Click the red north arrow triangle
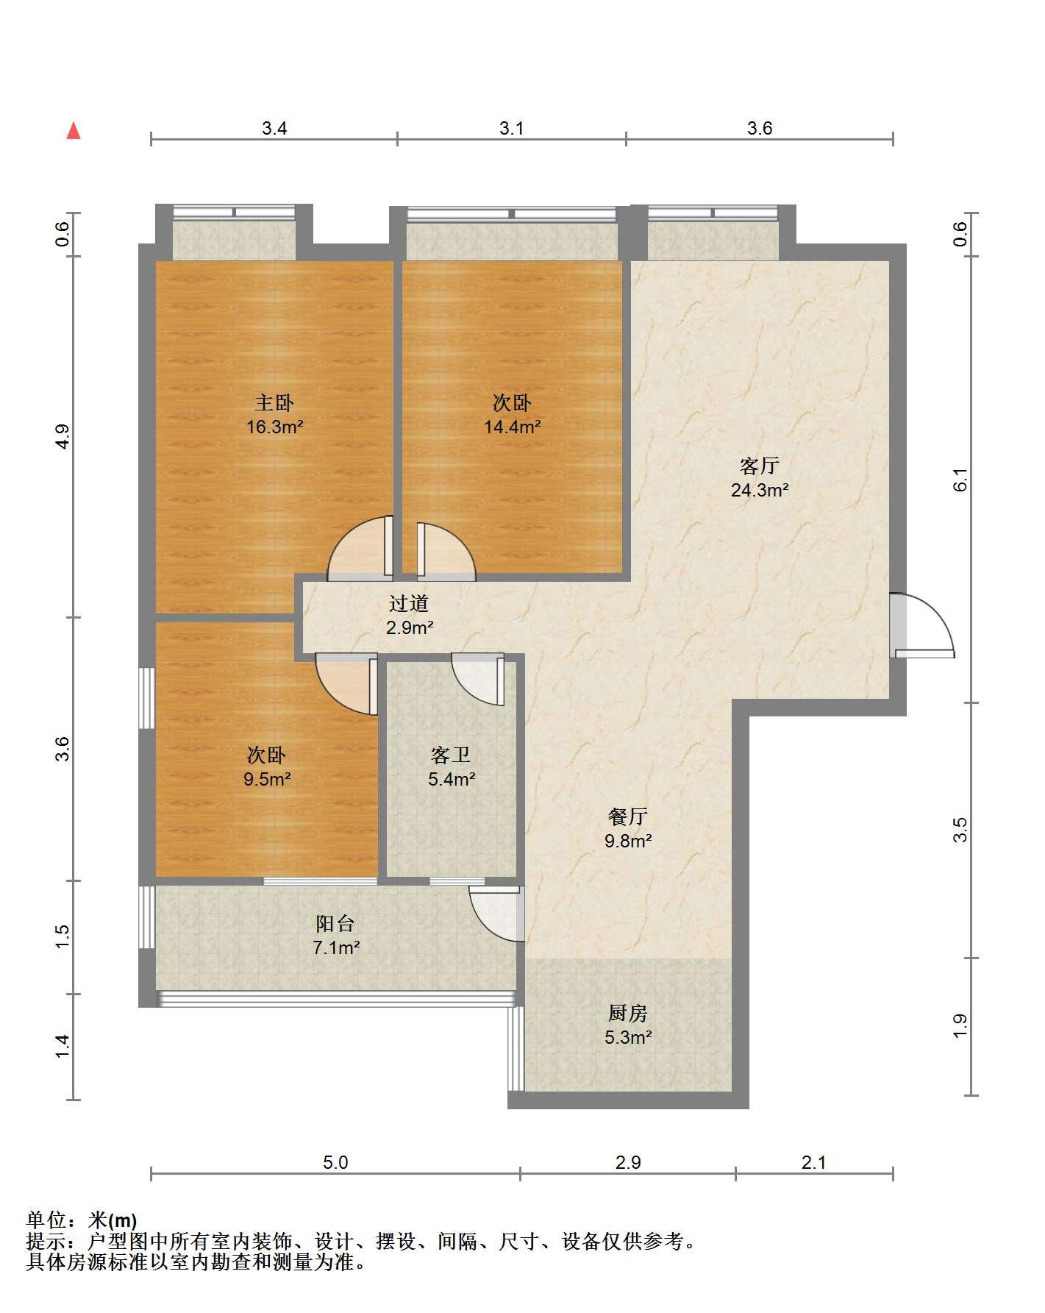(74, 131)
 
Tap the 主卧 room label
(274, 402)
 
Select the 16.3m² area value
(275, 427)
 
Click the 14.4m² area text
(513, 427)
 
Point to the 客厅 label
(760, 466)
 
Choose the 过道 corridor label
(409, 604)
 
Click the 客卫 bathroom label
(451, 755)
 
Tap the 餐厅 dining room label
(628, 816)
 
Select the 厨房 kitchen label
(628, 1013)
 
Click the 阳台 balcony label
(335, 923)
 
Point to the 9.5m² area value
(268, 779)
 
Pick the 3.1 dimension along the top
(512, 128)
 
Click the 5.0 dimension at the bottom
(335, 1162)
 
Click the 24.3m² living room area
(760, 490)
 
